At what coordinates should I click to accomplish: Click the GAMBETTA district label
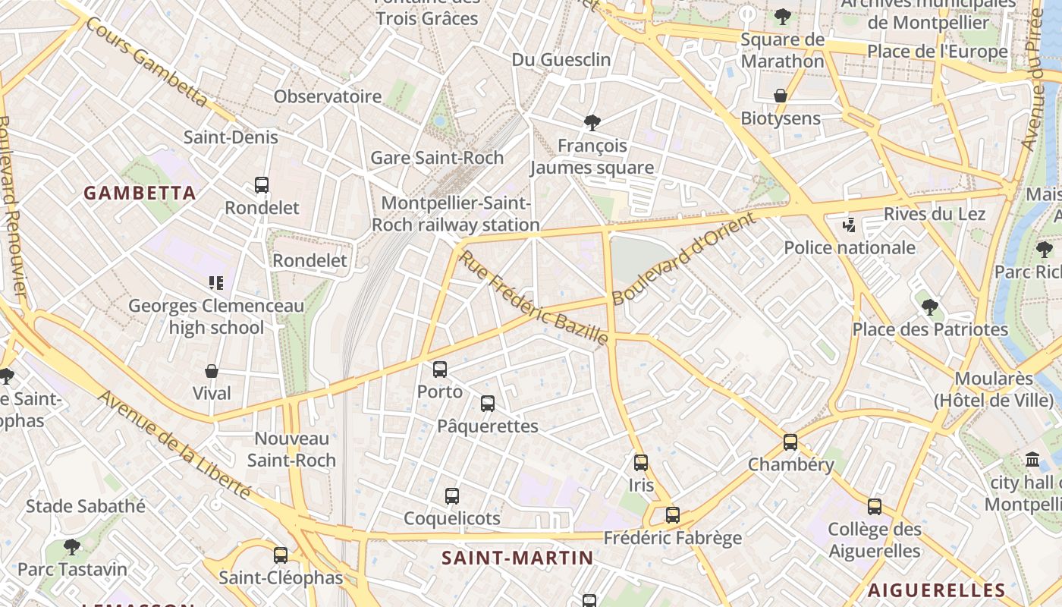pyautogui.click(x=140, y=193)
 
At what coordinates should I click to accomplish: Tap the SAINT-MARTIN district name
pyautogui.click(x=517, y=558)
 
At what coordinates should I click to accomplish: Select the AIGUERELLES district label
pyautogui.click(x=936, y=590)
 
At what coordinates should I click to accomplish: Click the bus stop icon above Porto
pyautogui.click(x=440, y=370)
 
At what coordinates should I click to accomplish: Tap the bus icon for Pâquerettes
pyautogui.click(x=488, y=404)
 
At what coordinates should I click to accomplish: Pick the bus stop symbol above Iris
pyautogui.click(x=641, y=462)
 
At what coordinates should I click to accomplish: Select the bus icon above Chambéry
pyautogui.click(x=790, y=442)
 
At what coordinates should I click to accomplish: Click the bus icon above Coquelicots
pyautogui.click(x=452, y=496)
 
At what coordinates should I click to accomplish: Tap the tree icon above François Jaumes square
pyautogui.click(x=592, y=122)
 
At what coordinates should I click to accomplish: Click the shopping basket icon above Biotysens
pyautogui.click(x=780, y=96)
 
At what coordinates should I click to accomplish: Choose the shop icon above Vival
pyautogui.click(x=212, y=371)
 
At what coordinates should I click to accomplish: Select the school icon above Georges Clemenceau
pyautogui.click(x=216, y=283)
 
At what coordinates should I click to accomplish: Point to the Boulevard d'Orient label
pyautogui.click(x=683, y=259)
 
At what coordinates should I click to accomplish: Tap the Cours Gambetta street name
pyautogui.click(x=146, y=61)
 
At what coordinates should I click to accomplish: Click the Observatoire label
pyautogui.click(x=328, y=96)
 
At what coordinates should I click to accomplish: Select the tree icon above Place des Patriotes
pyautogui.click(x=930, y=307)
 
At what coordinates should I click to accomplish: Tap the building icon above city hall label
pyautogui.click(x=1032, y=460)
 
